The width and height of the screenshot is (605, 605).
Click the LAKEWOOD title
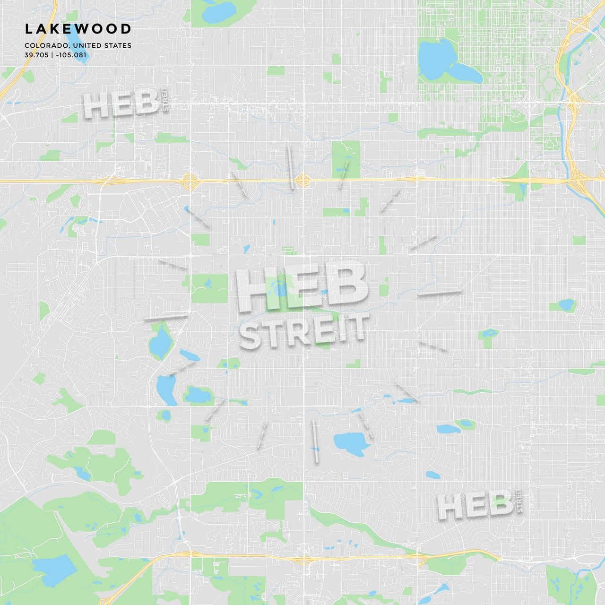pos(78,29)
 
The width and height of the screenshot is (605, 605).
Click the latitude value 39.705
pos(36,55)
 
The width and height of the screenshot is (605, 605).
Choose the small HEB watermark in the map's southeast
pos(475,506)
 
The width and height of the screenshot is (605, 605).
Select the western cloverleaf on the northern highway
pos(189,181)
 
